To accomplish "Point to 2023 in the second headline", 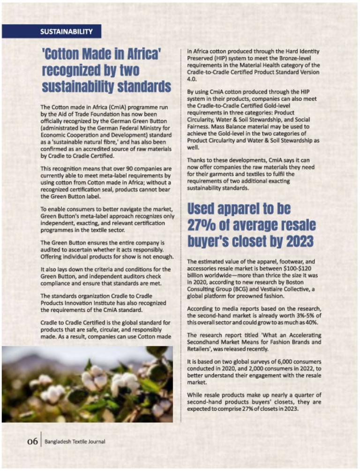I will tap(290, 241).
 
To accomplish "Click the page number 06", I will tap(32, 441).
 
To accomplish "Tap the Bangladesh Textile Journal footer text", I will tap(75, 441).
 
